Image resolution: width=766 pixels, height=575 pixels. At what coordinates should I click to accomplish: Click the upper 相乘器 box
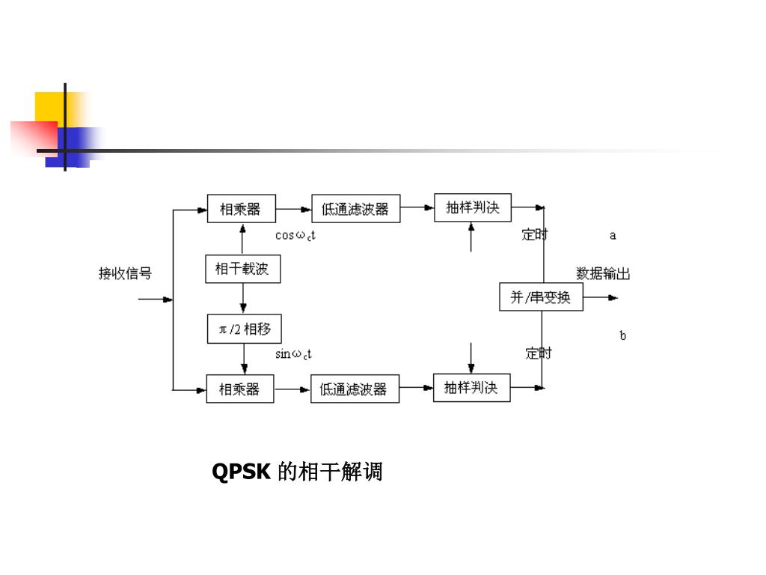click(x=241, y=209)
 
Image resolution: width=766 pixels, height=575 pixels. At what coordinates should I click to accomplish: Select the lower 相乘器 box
click(x=239, y=389)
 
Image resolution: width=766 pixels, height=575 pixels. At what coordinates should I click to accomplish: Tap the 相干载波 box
click(x=242, y=269)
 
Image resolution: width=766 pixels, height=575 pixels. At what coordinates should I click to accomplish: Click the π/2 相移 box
click(x=244, y=329)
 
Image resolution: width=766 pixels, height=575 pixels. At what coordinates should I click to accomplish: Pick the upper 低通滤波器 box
click(x=355, y=209)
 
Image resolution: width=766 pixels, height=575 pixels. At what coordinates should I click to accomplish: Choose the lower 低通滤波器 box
click(x=355, y=389)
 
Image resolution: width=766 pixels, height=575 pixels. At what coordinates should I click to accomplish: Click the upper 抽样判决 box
click(x=472, y=207)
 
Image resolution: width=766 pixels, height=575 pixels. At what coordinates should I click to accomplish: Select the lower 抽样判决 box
click(x=471, y=388)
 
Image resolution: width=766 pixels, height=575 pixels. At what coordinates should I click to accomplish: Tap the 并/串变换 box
click(x=541, y=297)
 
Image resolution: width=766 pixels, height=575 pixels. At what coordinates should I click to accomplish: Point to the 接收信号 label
click(x=125, y=273)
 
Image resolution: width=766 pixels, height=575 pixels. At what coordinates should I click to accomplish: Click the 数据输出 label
click(x=603, y=273)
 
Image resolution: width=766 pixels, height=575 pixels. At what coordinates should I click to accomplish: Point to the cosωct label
click(x=295, y=235)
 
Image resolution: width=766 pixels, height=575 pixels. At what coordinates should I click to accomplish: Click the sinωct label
click(x=293, y=354)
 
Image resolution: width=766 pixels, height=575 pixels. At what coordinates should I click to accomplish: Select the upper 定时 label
click(x=535, y=235)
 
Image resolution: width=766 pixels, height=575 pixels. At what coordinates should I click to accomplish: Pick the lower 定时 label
click(x=538, y=353)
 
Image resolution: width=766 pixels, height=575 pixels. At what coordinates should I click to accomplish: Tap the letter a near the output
click(x=613, y=235)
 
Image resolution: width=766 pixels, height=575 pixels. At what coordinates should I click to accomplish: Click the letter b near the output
click(x=622, y=335)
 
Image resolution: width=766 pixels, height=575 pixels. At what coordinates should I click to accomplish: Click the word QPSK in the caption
click(x=241, y=472)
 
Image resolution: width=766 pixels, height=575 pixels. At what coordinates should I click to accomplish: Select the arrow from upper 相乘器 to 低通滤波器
click(x=293, y=210)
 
